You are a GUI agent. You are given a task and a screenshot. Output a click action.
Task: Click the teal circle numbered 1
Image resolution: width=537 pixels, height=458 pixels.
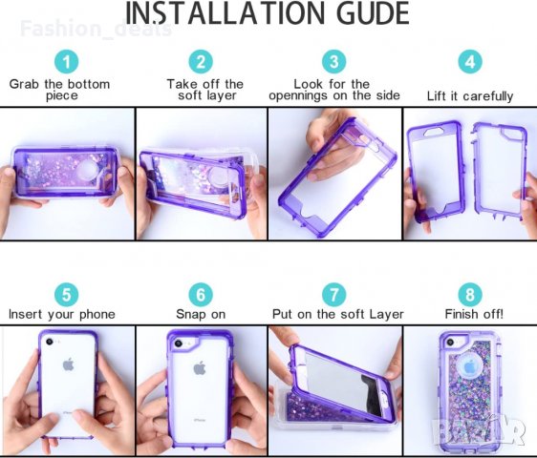pyautogui.click(x=67, y=62)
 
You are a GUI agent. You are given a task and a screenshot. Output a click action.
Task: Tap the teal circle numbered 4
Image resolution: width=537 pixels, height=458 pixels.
pyautogui.click(x=470, y=62)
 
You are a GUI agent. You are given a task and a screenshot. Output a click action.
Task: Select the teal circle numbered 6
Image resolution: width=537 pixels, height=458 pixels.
pyautogui.click(x=201, y=295)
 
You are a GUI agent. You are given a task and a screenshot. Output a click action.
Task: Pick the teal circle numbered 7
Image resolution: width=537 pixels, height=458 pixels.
pyautogui.click(x=333, y=295)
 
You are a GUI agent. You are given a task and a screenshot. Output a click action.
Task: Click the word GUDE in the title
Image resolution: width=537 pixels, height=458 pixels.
pyautogui.click(x=374, y=13)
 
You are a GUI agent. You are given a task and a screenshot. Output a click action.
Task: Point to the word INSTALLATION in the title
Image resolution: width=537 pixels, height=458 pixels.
pyautogui.click(x=225, y=13)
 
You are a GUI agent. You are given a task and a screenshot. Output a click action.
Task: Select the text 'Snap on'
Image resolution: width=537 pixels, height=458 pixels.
pyautogui.click(x=201, y=314)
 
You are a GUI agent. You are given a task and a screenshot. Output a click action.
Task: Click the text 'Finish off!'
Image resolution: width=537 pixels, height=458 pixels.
pyautogui.click(x=474, y=314)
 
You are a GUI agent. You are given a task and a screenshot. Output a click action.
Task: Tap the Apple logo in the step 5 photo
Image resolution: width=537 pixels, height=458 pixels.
pyautogui.click(x=69, y=364)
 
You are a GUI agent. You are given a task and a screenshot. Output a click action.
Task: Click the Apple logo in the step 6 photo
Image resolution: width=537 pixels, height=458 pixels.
pyautogui.click(x=200, y=368)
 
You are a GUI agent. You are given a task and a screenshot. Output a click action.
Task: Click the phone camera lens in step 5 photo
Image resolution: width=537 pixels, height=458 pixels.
pyautogui.click(x=50, y=342)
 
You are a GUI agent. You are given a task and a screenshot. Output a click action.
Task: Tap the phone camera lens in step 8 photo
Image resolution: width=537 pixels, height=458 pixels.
pyautogui.click(x=450, y=342)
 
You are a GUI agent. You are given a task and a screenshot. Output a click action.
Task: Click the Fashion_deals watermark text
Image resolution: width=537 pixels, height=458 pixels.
pyautogui.click(x=96, y=29)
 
